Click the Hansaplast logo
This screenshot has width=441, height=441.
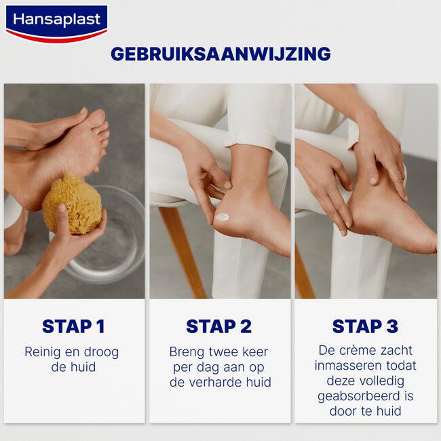coord(56,22)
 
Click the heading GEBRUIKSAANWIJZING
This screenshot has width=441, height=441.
coord(220,54)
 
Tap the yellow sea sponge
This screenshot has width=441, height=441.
coord(71,204)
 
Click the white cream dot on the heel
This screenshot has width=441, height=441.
coord(223,217)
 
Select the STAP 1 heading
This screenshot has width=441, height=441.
coord(73,326)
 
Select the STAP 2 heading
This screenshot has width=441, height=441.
coord(219,326)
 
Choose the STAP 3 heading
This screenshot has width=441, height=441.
coord(365,326)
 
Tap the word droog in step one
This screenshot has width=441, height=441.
coord(101,352)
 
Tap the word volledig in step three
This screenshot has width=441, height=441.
coord(386,381)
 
